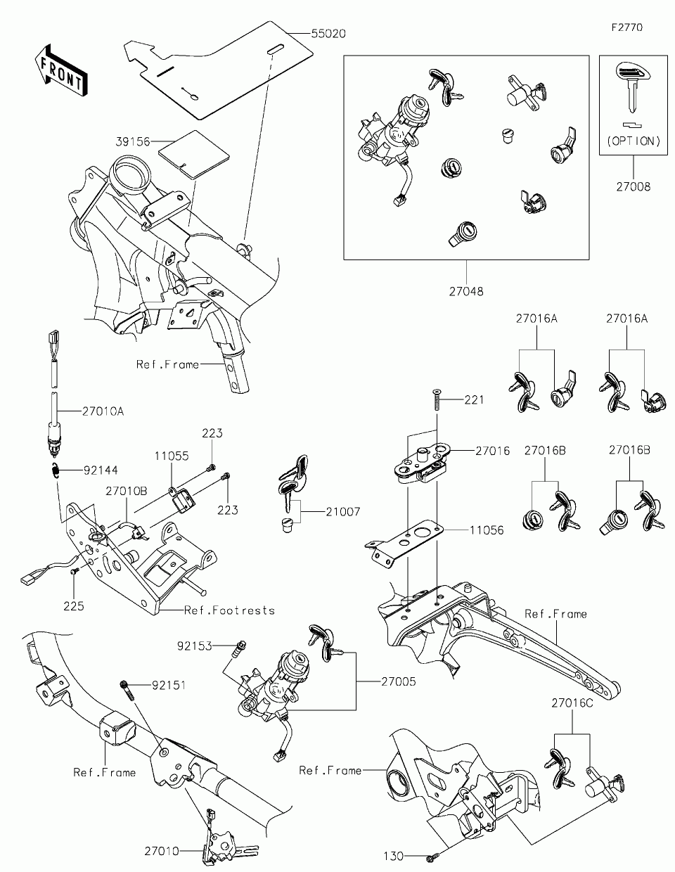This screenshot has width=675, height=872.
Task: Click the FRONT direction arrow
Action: tap(61, 70)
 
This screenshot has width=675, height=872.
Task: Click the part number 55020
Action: tap(328, 34)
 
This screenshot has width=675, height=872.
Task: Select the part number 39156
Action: tap(133, 141)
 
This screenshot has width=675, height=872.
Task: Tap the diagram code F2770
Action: tap(627, 27)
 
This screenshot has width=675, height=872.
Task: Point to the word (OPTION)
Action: tap(634, 141)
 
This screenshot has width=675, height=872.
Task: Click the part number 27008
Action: tap(634, 186)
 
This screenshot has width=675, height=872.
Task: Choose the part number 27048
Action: tap(466, 292)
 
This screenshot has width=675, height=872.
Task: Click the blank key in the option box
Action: tap(634, 87)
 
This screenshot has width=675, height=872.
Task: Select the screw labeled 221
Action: tap(437, 399)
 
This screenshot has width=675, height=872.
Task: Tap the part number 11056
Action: tap(487, 530)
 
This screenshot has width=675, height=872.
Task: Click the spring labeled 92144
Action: tap(56, 470)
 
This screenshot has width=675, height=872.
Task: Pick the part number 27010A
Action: tap(103, 411)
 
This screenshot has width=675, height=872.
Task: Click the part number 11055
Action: tap(172, 456)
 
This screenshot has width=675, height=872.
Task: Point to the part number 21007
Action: tap(343, 512)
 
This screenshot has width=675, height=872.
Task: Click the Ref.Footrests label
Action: tap(230, 610)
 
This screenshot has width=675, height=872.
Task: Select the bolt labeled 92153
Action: tap(239, 650)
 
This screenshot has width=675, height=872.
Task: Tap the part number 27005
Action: tap(399, 681)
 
